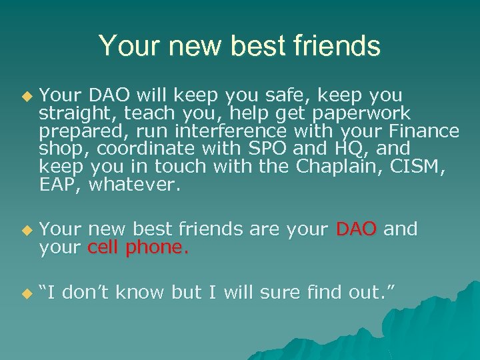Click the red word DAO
tap(357, 229)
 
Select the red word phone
tap(157, 247)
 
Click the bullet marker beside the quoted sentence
tap(27, 293)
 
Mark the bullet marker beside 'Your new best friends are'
tap(27, 230)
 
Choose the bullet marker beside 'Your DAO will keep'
tap(27, 96)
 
